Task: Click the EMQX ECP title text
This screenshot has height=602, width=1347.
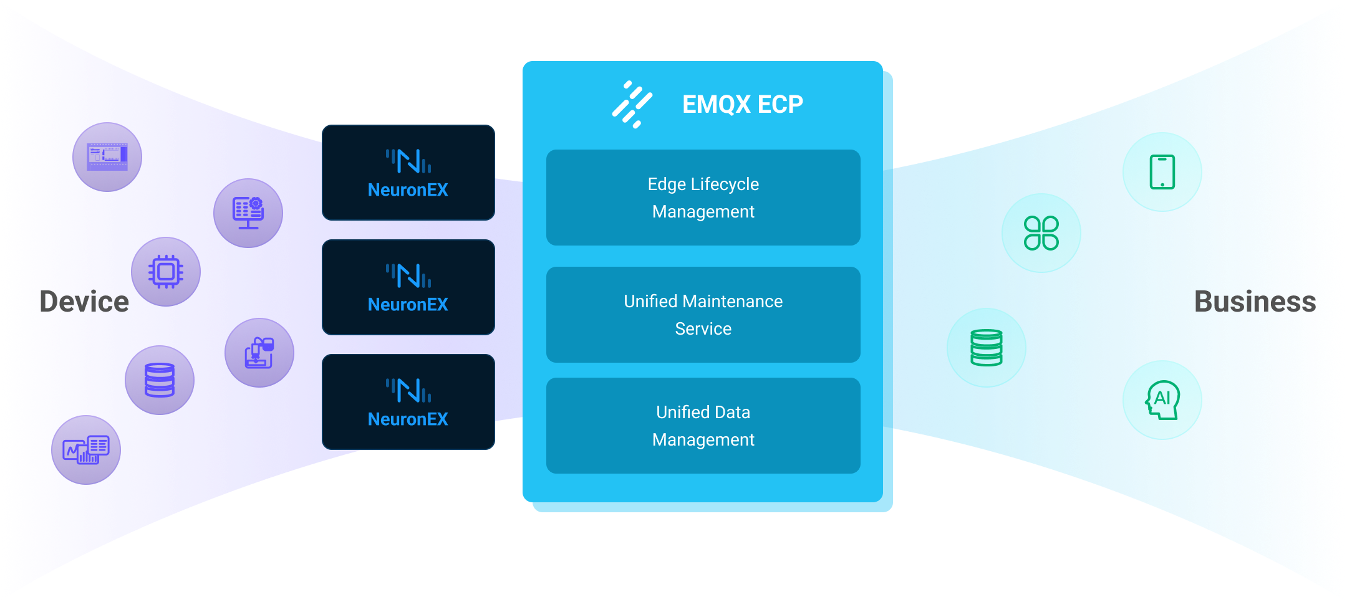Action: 742,104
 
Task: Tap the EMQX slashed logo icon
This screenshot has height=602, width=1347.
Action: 632,104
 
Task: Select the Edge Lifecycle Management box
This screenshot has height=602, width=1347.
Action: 703,198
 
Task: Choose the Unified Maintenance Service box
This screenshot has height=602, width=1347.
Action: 703,315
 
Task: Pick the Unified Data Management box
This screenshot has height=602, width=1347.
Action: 703,426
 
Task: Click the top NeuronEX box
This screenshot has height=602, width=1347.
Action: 408,173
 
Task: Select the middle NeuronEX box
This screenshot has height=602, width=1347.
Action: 408,287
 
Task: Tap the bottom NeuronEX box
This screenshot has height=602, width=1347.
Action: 408,402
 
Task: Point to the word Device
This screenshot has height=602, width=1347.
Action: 84,302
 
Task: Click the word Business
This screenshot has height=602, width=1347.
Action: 1255,302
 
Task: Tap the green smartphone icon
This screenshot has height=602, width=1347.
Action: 1162,172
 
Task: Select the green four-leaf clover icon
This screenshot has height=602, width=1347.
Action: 1041,233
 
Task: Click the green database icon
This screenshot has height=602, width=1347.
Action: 987,348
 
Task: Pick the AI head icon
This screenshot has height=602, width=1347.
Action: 1162,400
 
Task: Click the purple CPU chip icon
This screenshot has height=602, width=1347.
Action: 166,272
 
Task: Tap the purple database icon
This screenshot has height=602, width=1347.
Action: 160,380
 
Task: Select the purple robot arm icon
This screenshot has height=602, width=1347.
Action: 259,353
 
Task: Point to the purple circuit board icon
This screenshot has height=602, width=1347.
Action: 107,157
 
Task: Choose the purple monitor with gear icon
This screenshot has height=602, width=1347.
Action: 248,213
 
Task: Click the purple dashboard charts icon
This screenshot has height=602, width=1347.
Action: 86,450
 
